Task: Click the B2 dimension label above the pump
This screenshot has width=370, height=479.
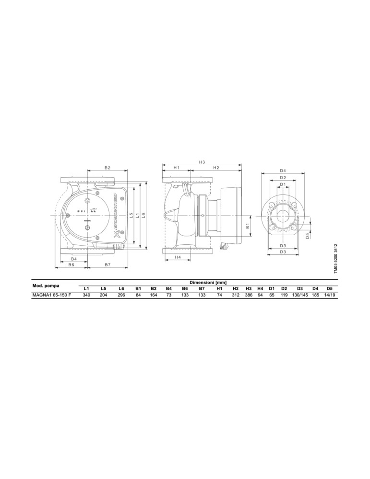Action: (107, 168)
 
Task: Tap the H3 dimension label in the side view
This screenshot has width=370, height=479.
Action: (202, 162)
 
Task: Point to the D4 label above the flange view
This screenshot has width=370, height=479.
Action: (283, 171)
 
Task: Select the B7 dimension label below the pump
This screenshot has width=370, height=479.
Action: (107, 265)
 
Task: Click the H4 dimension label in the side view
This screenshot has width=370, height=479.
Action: (178, 257)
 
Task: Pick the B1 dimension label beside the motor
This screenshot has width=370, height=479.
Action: (248, 226)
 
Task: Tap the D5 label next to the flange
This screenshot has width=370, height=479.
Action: (308, 236)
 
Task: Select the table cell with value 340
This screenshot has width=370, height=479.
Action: (86, 296)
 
